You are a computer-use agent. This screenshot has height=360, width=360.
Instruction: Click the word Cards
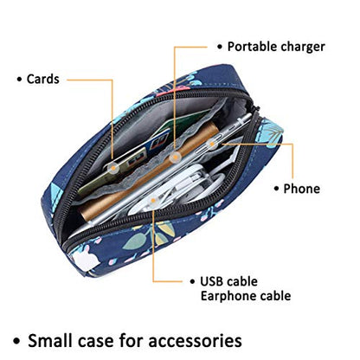click(x=43, y=79)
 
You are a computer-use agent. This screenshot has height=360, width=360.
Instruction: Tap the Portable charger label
click(x=276, y=47)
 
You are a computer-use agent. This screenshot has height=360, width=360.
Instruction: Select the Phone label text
click(x=302, y=189)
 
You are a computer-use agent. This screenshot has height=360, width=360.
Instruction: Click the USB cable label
click(x=228, y=281)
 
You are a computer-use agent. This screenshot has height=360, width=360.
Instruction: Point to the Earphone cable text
click(x=246, y=296)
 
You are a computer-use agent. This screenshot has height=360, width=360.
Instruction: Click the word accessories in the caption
click(x=195, y=341)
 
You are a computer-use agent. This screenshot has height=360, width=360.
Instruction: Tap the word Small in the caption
click(x=50, y=340)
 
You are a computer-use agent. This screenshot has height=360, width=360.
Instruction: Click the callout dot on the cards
click(x=113, y=167)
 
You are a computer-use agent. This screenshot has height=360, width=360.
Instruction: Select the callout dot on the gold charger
click(x=174, y=157)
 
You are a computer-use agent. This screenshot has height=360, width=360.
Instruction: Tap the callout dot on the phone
click(x=212, y=143)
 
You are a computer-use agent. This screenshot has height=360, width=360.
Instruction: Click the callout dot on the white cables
click(x=153, y=201)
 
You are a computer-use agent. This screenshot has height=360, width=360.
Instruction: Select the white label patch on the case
click(x=87, y=260)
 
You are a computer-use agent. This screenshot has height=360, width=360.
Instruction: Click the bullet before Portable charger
click(x=220, y=47)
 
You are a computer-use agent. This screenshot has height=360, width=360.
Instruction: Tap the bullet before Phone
click(x=276, y=189)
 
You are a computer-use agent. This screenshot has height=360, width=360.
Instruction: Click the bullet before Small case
click(x=17, y=341)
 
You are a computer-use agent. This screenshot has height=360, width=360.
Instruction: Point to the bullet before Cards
click(x=19, y=79)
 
